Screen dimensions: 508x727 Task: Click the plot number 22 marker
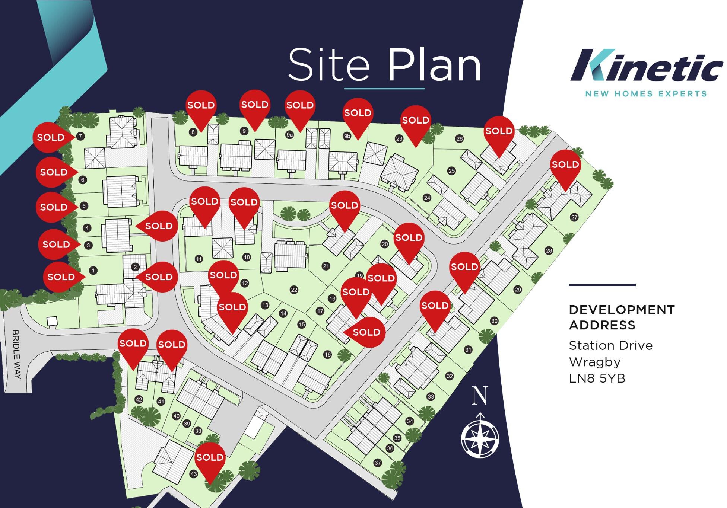click(x=294, y=290)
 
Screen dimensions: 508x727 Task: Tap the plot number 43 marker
click(x=193, y=474)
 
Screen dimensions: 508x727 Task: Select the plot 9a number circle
click(x=290, y=135)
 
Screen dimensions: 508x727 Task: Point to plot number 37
click(x=378, y=463)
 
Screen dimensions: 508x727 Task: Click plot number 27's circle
click(x=574, y=217)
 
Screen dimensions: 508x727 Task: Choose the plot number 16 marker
click(x=328, y=354)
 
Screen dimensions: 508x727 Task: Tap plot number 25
click(x=452, y=171)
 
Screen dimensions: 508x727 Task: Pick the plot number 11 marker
click(x=199, y=259)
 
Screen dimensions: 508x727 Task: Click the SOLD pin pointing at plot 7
click(x=51, y=137)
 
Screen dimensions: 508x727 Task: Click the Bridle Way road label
click(x=16, y=354)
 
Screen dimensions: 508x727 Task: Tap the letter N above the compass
click(x=480, y=396)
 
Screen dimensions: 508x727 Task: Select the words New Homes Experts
click(x=646, y=93)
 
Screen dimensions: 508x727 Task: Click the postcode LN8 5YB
click(x=597, y=378)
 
